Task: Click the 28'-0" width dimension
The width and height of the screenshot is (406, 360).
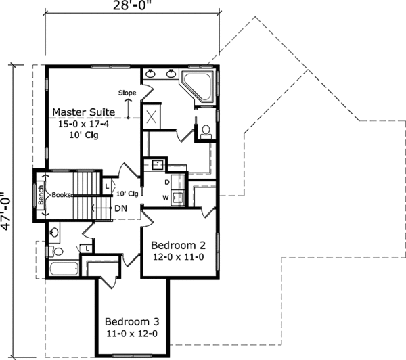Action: [x=133, y=6]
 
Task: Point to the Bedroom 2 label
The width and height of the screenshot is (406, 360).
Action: [x=178, y=244]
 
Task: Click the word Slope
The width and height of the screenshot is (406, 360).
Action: [x=127, y=92]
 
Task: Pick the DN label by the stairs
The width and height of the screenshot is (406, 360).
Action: [x=121, y=207]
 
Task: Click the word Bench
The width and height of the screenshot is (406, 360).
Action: [x=41, y=195]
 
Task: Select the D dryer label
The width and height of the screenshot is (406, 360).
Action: [x=166, y=181]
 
